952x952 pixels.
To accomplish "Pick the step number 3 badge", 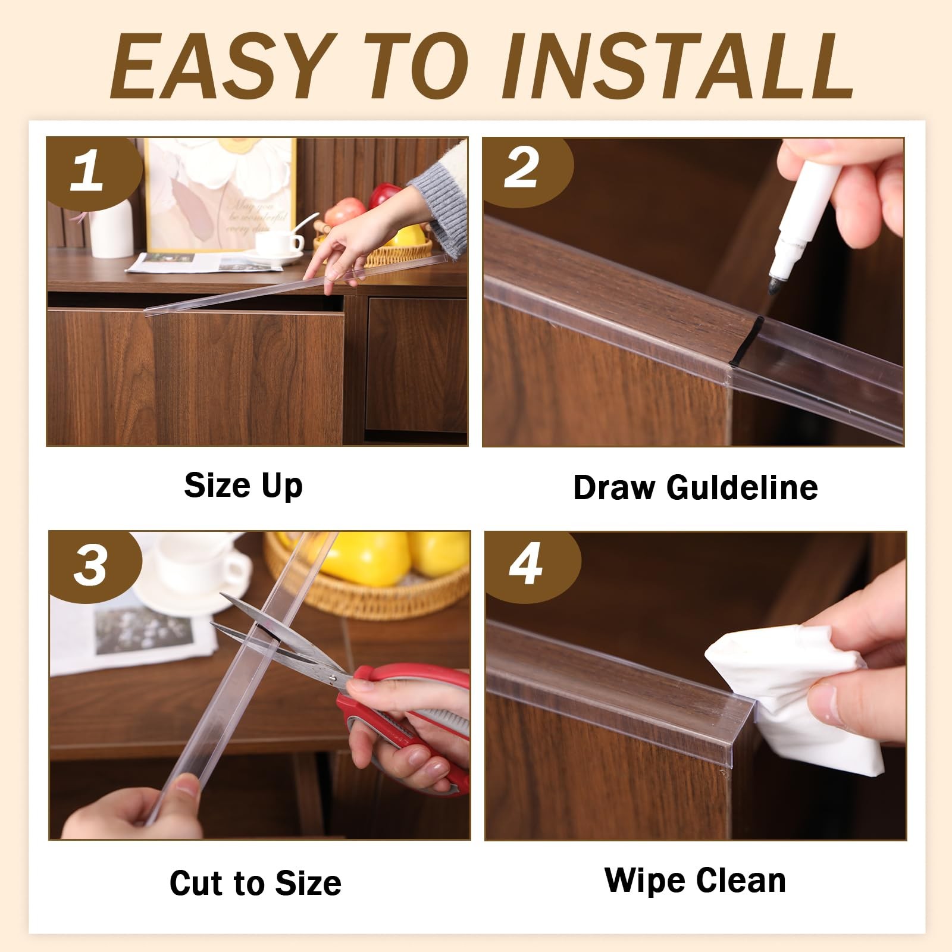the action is (x=92, y=565).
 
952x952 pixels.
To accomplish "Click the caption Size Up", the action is (x=243, y=486).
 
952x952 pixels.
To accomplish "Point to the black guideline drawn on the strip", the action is (x=751, y=340).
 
